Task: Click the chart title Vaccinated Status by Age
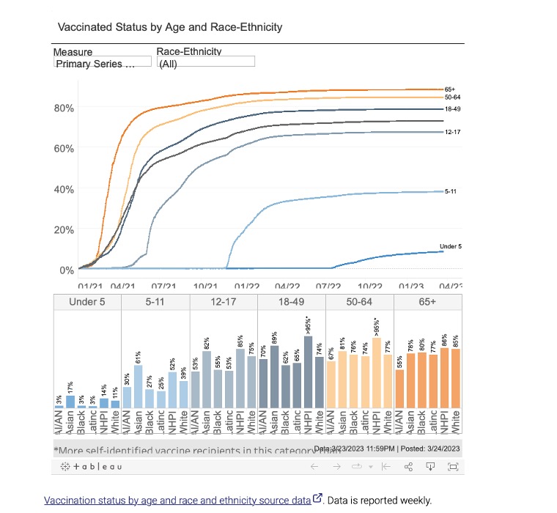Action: [169, 27]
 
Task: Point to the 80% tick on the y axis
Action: [64, 108]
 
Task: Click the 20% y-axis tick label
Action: [64, 229]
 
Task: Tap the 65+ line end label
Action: [450, 89]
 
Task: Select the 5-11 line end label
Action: [451, 191]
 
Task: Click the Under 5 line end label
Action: [450, 246]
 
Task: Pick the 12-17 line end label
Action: [452, 132]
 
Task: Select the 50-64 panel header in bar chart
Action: [360, 302]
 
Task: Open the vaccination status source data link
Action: [177, 500]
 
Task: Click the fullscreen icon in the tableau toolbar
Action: [452, 466]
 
